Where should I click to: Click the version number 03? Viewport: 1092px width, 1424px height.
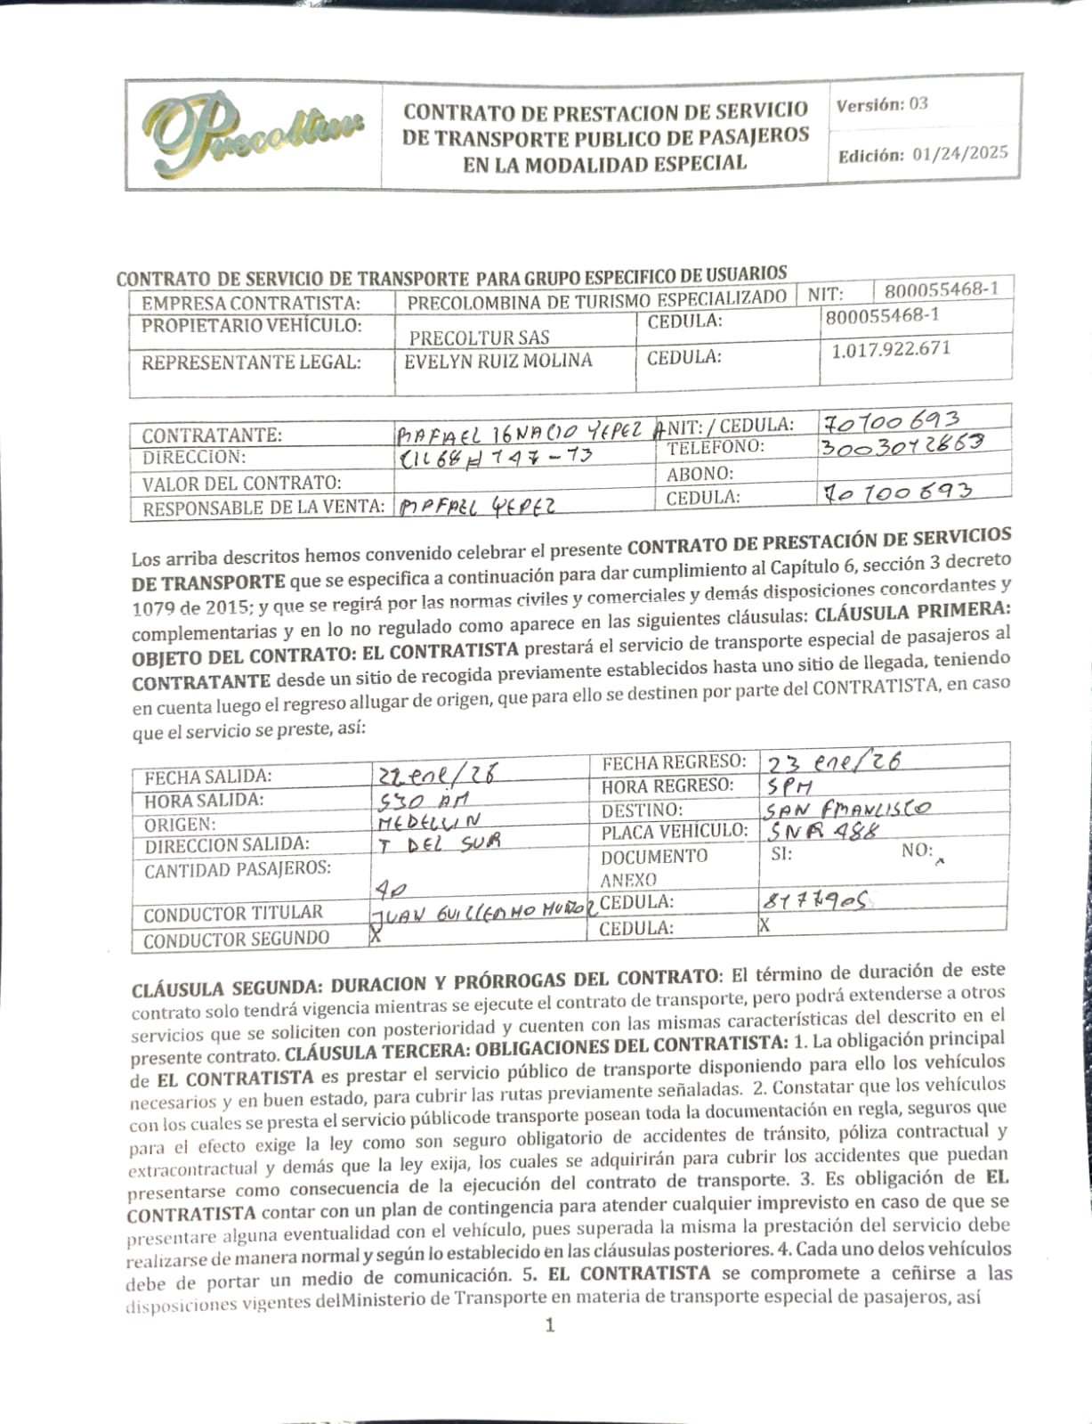point(918,104)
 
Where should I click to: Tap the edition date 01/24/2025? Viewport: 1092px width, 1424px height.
point(960,153)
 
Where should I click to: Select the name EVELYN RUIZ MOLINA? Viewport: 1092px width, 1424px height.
point(497,361)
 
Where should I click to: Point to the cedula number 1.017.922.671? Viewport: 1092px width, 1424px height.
point(891,349)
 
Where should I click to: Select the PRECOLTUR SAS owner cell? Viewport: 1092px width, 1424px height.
point(479,338)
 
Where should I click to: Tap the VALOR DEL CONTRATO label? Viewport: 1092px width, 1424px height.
point(241,484)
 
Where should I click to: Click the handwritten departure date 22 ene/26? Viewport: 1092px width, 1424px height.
point(436,773)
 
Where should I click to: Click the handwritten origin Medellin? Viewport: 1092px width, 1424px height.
point(428,820)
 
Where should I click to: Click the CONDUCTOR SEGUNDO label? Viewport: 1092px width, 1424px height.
point(236,939)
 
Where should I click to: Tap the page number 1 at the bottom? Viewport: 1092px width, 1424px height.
point(550,1325)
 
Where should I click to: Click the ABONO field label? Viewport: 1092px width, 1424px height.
point(700,474)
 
